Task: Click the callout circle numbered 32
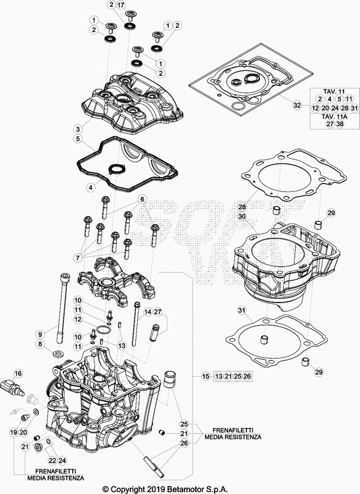pos(297,105)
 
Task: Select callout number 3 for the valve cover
pos(78,129)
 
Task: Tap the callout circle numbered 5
pos(78,138)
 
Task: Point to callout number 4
pos(91,188)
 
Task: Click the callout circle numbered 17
pos(121,5)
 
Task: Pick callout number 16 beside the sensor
pos(19,374)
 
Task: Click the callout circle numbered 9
pos(40,334)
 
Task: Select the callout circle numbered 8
pos(40,344)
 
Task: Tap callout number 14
pos(148,312)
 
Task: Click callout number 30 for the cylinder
pos(242,217)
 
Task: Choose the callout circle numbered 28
pos(242,207)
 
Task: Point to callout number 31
pos(241,311)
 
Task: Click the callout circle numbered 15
pos(206,376)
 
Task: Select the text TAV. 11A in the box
pos(335,116)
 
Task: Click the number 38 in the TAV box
pos(340,124)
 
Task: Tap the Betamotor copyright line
pos(165,489)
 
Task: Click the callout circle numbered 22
pos(52,461)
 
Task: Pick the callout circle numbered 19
pos(14,433)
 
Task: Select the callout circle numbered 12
pos(78,319)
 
